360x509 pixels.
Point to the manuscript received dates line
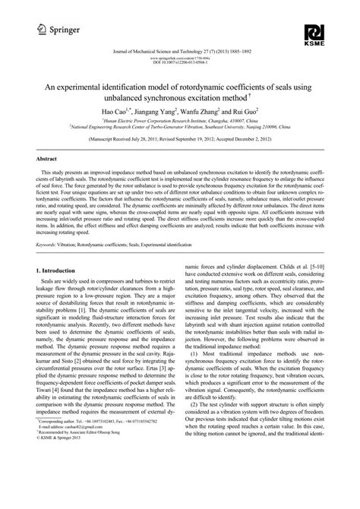coord(180,141)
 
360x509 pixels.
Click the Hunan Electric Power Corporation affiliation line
coord(180,120)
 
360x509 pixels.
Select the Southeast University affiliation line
coord(180,127)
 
